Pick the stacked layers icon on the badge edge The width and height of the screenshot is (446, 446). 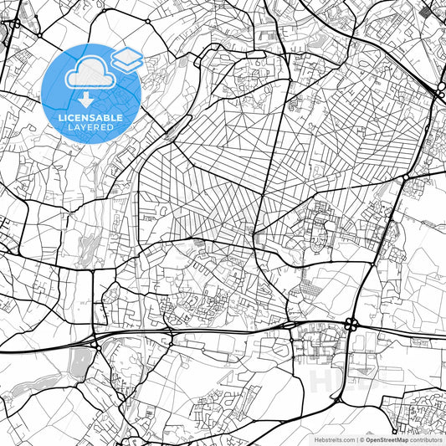pyautogui.click(x=127, y=59)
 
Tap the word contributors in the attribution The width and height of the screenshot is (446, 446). pyautogui.click(x=427, y=438)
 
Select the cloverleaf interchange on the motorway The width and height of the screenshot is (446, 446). pyautogui.click(x=351, y=324)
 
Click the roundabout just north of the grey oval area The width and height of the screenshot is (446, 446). pyautogui.click(x=95, y=344)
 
